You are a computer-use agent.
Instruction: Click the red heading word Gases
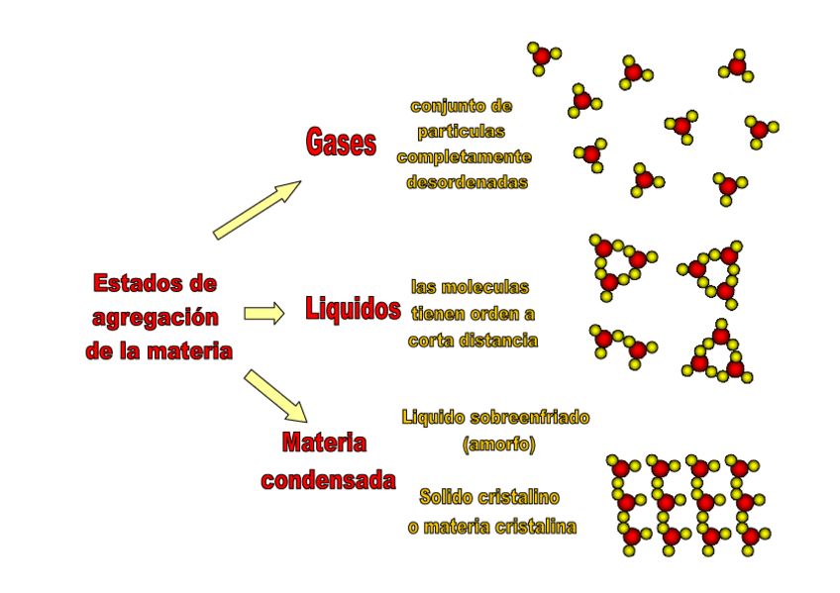341,144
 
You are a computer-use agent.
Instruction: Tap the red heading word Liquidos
353,310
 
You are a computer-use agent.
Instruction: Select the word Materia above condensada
324,443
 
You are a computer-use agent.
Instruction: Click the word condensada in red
328,481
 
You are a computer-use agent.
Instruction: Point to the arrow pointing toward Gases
257,210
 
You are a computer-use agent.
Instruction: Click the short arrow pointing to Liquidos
263,314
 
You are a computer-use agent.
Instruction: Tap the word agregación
155,317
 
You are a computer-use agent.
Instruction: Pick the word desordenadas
467,182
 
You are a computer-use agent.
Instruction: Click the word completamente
464,156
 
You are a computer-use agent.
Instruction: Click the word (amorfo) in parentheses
498,445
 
